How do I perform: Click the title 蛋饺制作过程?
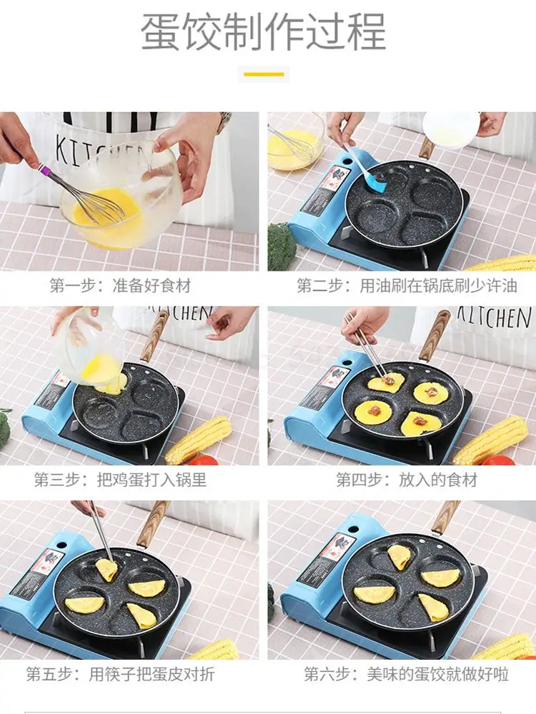coord(264,31)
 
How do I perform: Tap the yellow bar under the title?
coord(264,74)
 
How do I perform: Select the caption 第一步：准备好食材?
coord(120,286)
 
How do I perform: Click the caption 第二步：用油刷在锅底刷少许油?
coord(407,286)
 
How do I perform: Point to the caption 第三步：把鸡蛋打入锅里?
coord(120,480)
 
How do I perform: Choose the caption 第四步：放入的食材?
coord(407,480)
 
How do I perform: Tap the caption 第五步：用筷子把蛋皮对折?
coord(120,674)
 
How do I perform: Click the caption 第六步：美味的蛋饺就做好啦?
coord(407,674)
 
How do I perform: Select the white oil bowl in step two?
coord(450,129)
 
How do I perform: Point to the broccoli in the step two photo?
coord(281,246)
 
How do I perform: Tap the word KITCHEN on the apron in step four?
coord(494,317)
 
